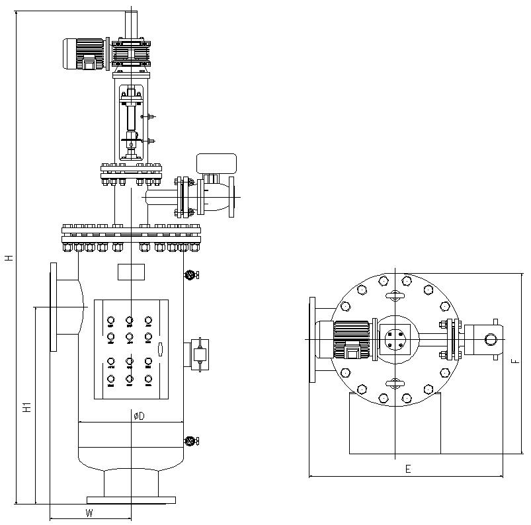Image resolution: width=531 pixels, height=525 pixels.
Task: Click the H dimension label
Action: pyautogui.click(x=9, y=257)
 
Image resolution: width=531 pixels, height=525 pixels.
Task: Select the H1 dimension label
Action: pyautogui.click(x=27, y=406)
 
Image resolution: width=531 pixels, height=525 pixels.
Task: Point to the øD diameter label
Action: pyautogui.click(x=138, y=415)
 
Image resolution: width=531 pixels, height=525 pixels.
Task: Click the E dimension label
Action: pyautogui.click(x=408, y=469)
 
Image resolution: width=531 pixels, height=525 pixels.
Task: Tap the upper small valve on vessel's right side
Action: pyautogui.click(x=191, y=275)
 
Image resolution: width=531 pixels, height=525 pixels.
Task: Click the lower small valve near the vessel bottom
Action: pyautogui.click(x=191, y=441)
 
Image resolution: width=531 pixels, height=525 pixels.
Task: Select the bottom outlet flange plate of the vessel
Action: pyautogui.click(x=131, y=499)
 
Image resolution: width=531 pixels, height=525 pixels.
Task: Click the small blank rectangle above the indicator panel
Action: pyautogui.click(x=131, y=271)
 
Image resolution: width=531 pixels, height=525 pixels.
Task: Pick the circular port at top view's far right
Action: pyautogui.click(x=491, y=339)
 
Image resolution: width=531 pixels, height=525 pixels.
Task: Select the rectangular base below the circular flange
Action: pyautogui.click(x=394, y=423)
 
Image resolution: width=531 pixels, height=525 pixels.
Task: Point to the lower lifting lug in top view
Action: pyautogui.click(x=394, y=383)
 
